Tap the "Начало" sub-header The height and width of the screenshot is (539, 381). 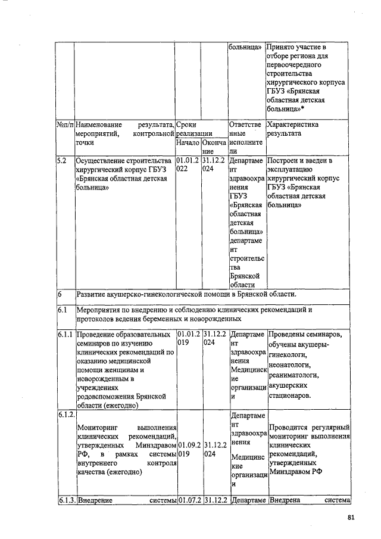pyautogui.click(x=188, y=144)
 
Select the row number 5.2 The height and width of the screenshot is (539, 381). pyautogui.click(x=63, y=161)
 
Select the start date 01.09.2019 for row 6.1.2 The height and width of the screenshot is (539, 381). pyautogui.click(x=188, y=449)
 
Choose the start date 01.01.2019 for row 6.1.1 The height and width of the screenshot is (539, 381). pyautogui.click(x=188, y=339)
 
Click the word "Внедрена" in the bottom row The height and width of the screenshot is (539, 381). pyautogui.click(x=286, y=500)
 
